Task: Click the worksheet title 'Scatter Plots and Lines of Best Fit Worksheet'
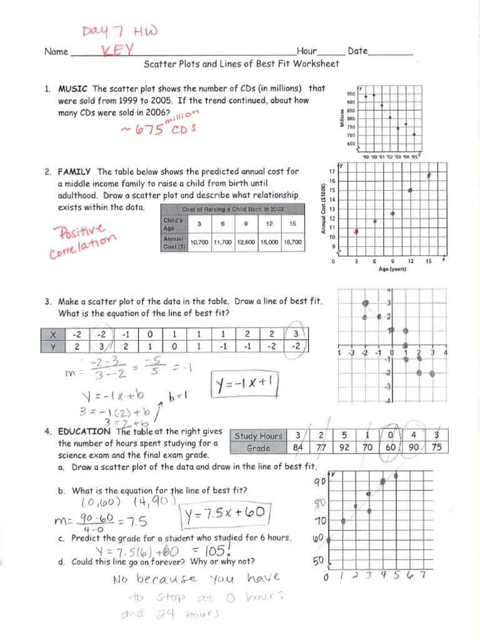tap(241, 64)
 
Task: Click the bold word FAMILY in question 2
tap(75, 171)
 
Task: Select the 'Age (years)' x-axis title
tap(392, 269)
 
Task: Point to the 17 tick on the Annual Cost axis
tap(332, 171)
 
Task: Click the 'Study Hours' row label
tap(257, 436)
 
